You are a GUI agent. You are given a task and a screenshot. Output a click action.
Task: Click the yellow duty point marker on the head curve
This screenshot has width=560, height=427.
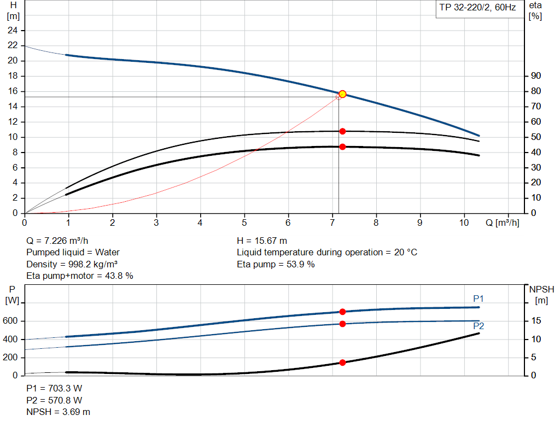point(342,94)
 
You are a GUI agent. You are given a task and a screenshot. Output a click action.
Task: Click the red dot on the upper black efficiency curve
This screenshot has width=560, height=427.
point(342,131)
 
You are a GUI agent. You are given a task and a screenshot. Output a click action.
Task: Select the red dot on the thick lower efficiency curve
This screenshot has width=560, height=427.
point(342,147)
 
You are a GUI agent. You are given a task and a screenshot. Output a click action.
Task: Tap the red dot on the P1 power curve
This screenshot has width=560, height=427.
point(342,312)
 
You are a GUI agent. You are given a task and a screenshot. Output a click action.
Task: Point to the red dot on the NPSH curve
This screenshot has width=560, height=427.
point(342,362)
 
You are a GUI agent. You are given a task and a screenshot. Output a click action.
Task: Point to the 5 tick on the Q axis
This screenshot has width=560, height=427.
point(244,223)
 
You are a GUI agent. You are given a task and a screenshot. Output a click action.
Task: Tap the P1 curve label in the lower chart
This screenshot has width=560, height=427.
point(479,299)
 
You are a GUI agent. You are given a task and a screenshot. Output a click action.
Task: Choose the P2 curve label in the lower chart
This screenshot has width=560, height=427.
point(479,326)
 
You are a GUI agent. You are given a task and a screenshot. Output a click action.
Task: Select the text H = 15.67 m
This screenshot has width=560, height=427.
point(262,241)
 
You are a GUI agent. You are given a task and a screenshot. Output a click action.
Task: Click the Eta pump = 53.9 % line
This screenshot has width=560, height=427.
point(276,265)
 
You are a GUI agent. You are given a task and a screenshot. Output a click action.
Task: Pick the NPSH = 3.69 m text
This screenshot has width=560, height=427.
point(59,412)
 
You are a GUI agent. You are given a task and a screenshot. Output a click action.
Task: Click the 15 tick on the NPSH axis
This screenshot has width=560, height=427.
point(536,321)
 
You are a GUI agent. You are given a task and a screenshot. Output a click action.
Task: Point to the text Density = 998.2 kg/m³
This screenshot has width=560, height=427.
point(73,265)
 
